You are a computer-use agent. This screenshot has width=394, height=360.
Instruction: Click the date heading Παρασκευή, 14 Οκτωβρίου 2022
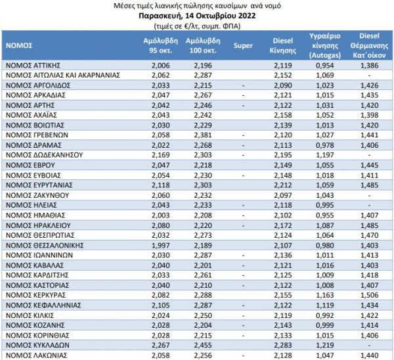197,16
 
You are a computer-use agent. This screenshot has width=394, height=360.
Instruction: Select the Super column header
243,45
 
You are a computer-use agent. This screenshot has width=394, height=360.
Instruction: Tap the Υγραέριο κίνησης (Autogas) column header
325,45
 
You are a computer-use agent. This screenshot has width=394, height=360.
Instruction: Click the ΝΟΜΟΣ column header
19,45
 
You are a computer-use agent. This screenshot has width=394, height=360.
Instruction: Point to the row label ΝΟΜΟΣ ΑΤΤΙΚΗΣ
33,65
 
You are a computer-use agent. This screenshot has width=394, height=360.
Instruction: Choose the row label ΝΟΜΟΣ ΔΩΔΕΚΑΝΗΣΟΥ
44,155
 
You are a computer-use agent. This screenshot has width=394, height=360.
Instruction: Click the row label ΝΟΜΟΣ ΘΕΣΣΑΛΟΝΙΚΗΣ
45,245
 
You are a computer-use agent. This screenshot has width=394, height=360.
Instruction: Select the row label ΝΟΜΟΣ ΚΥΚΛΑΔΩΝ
37,345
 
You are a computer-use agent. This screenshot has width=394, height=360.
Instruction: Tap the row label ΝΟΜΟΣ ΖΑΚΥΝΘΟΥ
37,195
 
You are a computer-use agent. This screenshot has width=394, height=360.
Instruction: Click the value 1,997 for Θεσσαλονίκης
161,245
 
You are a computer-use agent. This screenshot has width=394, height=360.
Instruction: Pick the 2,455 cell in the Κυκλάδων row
203,345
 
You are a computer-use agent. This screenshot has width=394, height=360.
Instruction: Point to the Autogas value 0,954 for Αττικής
325,65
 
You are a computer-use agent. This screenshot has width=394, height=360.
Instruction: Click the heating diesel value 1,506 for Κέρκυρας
369,295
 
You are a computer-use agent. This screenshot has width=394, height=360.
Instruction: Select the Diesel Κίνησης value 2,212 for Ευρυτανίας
283,185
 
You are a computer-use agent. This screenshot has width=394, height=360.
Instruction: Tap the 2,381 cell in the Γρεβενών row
203,135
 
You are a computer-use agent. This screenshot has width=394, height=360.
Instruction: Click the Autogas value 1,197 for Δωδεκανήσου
325,155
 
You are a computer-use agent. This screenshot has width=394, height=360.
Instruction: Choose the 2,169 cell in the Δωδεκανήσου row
161,155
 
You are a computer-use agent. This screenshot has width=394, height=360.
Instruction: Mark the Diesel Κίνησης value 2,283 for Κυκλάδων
283,345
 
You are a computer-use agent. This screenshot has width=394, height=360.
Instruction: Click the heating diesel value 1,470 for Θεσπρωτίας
369,235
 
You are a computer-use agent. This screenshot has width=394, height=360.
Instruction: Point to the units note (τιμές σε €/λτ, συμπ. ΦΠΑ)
197,26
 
